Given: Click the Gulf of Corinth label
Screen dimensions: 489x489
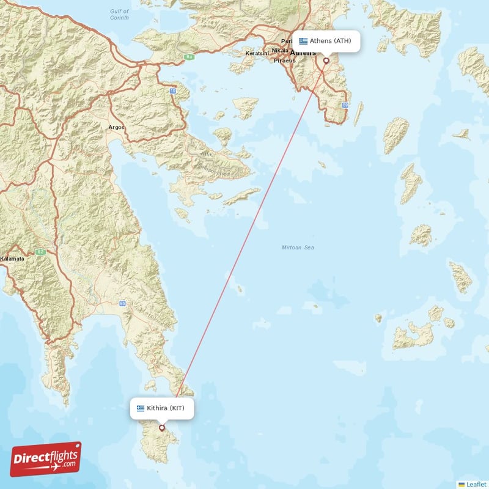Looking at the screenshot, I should [119, 15].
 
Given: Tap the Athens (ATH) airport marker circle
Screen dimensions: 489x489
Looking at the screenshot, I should [326, 61].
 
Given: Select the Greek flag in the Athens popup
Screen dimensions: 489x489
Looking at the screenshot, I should [303, 41].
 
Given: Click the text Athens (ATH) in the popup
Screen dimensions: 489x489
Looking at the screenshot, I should [330, 41].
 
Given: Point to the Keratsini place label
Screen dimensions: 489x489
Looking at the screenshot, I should [257, 54].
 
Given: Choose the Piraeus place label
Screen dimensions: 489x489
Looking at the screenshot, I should [284, 61].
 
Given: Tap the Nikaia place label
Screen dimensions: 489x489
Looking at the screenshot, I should [280, 50].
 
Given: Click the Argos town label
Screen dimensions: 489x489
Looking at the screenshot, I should [116, 127].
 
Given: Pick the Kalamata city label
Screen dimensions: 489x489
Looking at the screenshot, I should [12, 259].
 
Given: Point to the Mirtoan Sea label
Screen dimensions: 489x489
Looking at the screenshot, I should [298, 248].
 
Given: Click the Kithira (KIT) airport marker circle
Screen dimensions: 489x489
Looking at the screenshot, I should [162, 428].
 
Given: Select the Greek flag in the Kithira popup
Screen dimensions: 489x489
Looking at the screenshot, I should [141, 408].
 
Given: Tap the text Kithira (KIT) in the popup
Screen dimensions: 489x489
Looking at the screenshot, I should [165, 408].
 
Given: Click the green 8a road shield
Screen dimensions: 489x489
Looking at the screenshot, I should [189, 57].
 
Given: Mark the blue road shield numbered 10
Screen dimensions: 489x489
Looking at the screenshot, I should [173, 91].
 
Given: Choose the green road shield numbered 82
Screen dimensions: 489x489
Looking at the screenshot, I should [42, 251].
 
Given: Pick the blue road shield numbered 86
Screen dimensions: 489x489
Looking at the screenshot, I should [123, 303].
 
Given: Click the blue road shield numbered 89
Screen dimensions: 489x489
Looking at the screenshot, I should [345, 106].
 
